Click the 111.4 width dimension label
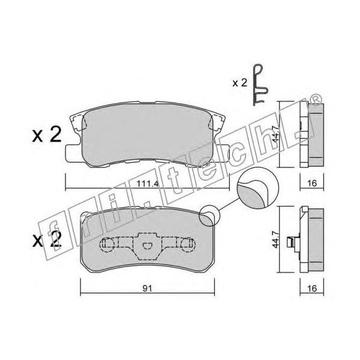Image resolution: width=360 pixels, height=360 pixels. click(148, 184)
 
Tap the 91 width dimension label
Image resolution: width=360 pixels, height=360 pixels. click(147, 289)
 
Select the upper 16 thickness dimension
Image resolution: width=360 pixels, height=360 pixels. click(312, 183)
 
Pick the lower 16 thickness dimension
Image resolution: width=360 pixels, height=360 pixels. click(312, 288)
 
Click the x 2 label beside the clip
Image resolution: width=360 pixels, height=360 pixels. click(239, 83)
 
